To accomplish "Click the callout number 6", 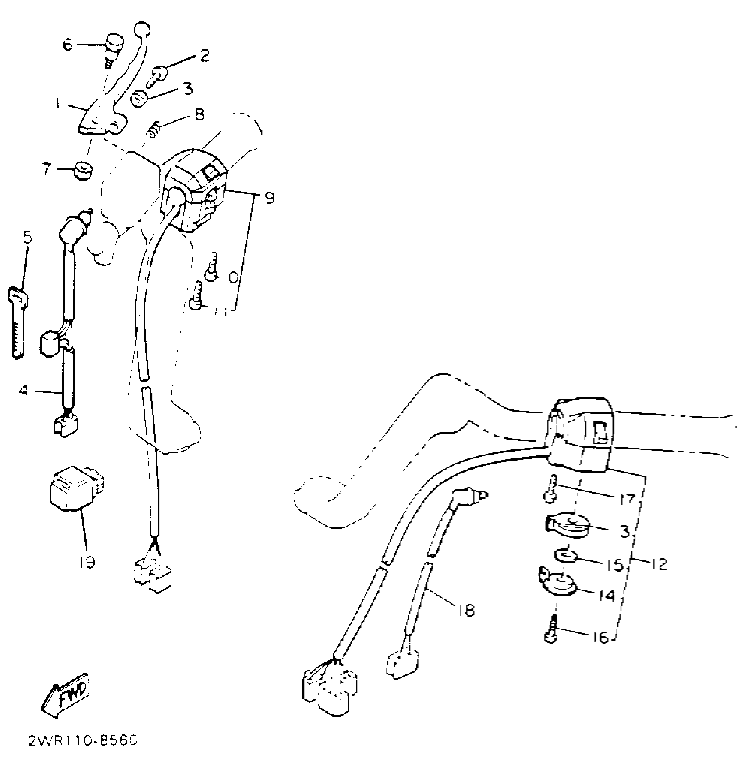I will pyautogui.click(x=68, y=44).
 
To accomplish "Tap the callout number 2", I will pyautogui.click(x=205, y=56).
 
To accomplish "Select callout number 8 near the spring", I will pyautogui.click(x=199, y=115).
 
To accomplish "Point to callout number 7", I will pyautogui.click(x=47, y=169).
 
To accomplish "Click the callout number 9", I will pyautogui.click(x=270, y=198).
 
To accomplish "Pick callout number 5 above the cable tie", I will pyautogui.click(x=27, y=237).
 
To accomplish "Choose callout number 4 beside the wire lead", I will pyautogui.click(x=24, y=389).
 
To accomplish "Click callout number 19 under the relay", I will pyautogui.click(x=87, y=562).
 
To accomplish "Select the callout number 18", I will pyautogui.click(x=467, y=610).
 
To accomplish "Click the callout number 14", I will pyautogui.click(x=607, y=595).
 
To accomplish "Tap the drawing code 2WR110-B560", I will pyautogui.click(x=83, y=741).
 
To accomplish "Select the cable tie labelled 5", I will pyautogui.click(x=18, y=324).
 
